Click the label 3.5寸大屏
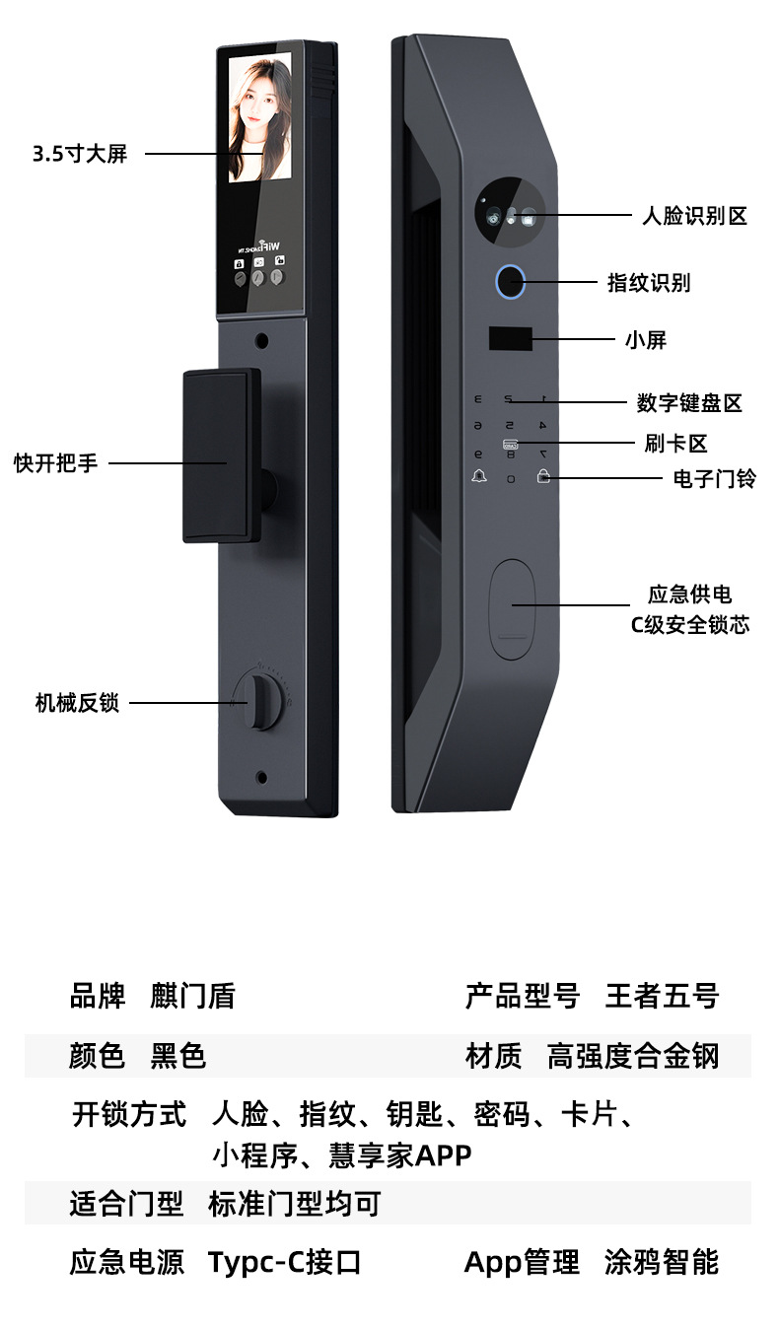point(80,155)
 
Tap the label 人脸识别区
point(694,216)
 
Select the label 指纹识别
point(648,283)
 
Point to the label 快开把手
point(56,462)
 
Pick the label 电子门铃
point(715,479)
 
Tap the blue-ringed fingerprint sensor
point(509,281)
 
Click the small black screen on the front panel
point(509,338)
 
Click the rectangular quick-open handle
point(221,455)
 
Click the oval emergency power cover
point(512,608)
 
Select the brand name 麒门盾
point(192,996)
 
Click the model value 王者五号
point(662,996)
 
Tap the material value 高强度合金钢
point(633,1057)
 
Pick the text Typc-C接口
point(285,1262)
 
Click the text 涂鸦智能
point(662,1262)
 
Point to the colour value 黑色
point(178,1057)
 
